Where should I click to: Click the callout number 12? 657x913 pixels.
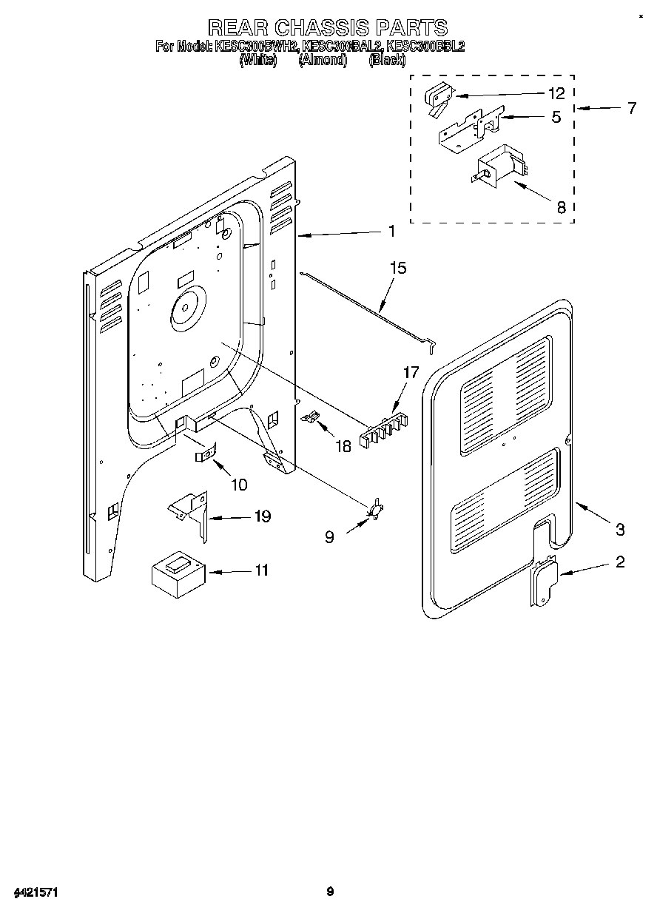click(x=556, y=93)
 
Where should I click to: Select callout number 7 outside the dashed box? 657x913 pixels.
click(x=631, y=108)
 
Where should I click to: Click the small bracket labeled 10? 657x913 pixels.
click(x=206, y=453)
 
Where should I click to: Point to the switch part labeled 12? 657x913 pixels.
click(x=439, y=99)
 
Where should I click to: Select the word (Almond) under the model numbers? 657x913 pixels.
click(x=323, y=61)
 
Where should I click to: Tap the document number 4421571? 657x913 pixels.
click(x=36, y=892)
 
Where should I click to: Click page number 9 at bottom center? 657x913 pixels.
click(x=330, y=892)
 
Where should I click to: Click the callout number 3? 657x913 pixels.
click(x=620, y=529)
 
